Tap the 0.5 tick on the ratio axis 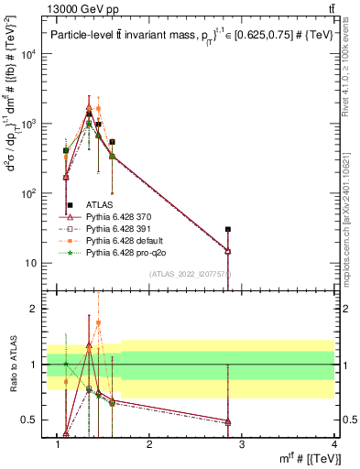31,420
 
